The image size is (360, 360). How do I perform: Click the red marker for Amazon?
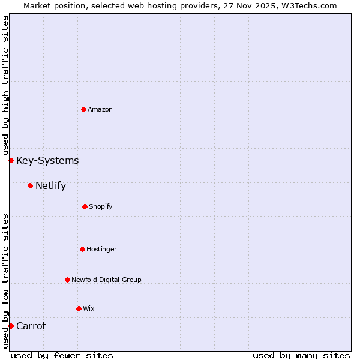pyautogui.click(x=83, y=109)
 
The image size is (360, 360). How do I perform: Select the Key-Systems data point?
pyautogui.click(x=11, y=160)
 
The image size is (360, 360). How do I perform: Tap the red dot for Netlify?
pyautogui.click(x=30, y=185)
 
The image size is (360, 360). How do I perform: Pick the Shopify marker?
pyautogui.click(x=85, y=206)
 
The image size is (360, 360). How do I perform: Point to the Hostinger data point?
pyautogui.click(x=82, y=249)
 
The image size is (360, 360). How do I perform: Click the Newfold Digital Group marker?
pyautogui.click(x=67, y=280)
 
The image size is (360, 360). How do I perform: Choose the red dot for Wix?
pyautogui.click(x=79, y=308)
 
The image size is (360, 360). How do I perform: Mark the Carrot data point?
pyautogui.click(x=11, y=326)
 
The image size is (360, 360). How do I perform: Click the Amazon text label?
pyautogui.click(x=100, y=109)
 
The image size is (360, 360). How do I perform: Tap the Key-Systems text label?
pyautogui.click(x=47, y=160)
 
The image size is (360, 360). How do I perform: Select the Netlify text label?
pyautogui.click(x=50, y=185)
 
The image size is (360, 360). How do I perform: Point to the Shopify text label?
pyautogui.click(x=101, y=206)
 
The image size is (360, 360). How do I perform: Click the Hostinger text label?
pyautogui.click(x=101, y=249)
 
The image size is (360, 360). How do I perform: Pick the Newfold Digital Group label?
pyautogui.click(x=106, y=280)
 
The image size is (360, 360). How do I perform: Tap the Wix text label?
pyautogui.click(x=89, y=308)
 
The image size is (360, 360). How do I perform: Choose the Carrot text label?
pyautogui.click(x=31, y=326)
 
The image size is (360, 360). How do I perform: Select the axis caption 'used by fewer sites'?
pyautogui.click(x=62, y=355)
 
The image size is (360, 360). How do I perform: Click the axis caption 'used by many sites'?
pyautogui.click(x=301, y=355)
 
